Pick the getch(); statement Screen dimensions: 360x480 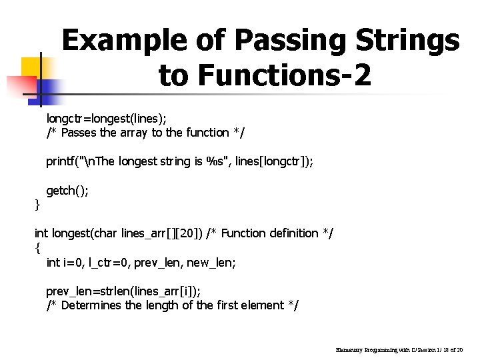coord(67,191)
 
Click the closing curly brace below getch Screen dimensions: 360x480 coord(37,205)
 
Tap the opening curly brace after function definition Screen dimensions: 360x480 coord(37,248)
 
